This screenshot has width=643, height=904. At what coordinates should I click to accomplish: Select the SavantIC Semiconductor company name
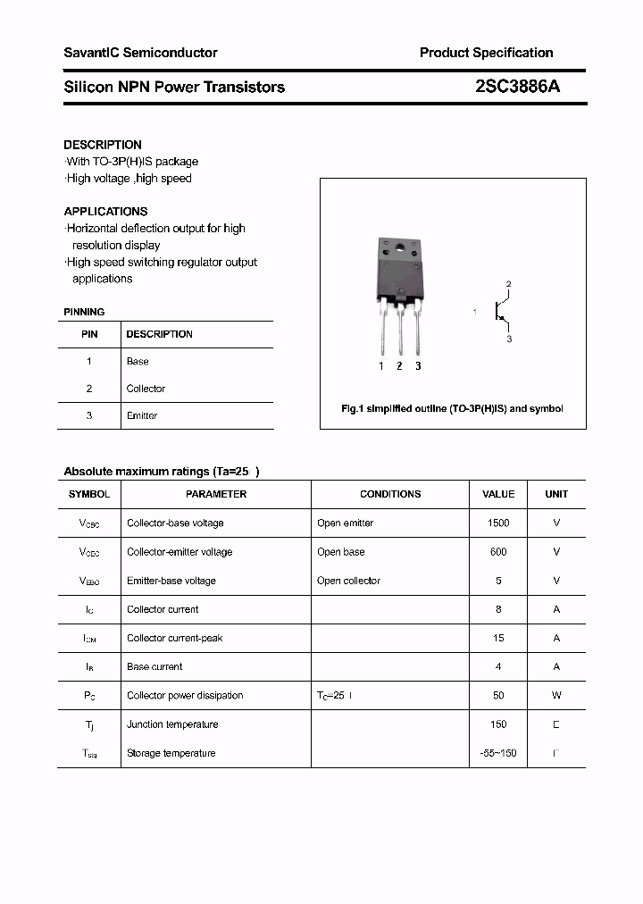[x=140, y=53]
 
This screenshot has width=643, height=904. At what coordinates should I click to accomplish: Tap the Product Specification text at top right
[x=486, y=53]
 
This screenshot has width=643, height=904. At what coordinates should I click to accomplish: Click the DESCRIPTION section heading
[x=103, y=145]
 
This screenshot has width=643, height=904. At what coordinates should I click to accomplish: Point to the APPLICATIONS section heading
[x=105, y=212]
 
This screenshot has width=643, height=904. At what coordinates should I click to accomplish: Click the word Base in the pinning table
[x=138, y=362]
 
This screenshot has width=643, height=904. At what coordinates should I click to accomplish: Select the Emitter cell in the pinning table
[x=142, y=416]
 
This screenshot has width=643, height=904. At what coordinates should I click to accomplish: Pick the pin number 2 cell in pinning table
[x=89, y=389]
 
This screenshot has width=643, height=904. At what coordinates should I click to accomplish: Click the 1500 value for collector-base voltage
[x=498, y=523]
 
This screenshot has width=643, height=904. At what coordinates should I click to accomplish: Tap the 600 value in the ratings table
[x=498, y=552]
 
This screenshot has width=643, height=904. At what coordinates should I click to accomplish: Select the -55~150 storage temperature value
[x=498, y=753]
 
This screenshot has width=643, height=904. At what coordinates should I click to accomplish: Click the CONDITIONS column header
[x=390, y=494]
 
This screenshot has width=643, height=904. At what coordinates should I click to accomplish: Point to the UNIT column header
[x=556, y=494]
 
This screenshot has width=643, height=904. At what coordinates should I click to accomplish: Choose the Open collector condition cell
[x=348, y=581]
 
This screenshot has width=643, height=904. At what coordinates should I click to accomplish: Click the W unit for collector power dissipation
[x=556, y=696]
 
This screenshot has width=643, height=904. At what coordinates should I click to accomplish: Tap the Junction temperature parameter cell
[x=172, y=724]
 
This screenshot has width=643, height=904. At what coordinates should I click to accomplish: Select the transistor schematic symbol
[x=501, y=312]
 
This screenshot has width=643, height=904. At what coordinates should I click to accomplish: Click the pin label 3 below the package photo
[x=418, y=366]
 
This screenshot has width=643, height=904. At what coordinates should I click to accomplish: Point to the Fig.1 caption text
[x=452, y=408]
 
